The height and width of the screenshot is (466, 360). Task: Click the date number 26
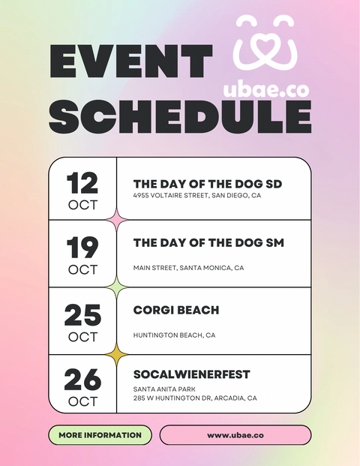click(x=82, y=380)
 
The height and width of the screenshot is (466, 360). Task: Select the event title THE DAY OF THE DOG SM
click(x=208, y=243)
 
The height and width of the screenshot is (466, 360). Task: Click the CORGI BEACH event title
click(x=176, y=309)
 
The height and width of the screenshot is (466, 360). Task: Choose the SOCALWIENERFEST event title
click(x=191, y=374)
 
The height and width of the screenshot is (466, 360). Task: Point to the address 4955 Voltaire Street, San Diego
click(x=197, y=196)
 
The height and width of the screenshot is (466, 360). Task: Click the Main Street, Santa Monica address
click(x=188, y=268)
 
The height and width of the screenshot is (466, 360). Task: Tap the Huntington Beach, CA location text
click(x=174, y=335)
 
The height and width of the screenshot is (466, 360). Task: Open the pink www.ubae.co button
click(x=235, y=435)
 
